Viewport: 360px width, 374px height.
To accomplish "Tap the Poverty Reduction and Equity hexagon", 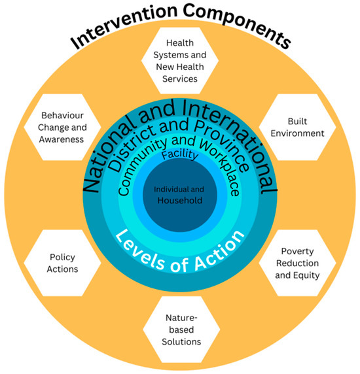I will tap(297, 263).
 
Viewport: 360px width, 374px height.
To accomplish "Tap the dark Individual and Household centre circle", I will tap(178, 194).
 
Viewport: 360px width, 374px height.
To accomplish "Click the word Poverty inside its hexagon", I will tap(297, 251).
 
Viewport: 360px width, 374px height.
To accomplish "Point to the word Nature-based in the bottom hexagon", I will tap(179, 318).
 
